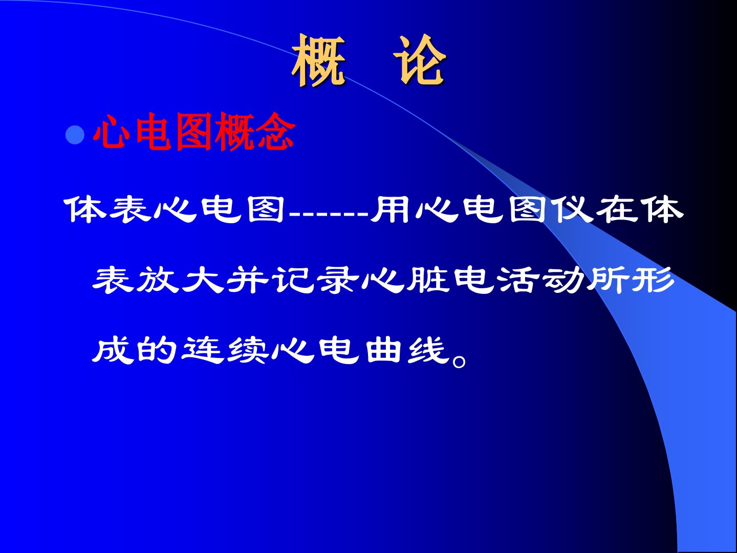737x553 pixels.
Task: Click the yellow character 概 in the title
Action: coord(319,60)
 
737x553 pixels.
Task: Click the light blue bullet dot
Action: coord(75,135)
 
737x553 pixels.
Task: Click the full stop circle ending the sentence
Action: coord(460,361)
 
